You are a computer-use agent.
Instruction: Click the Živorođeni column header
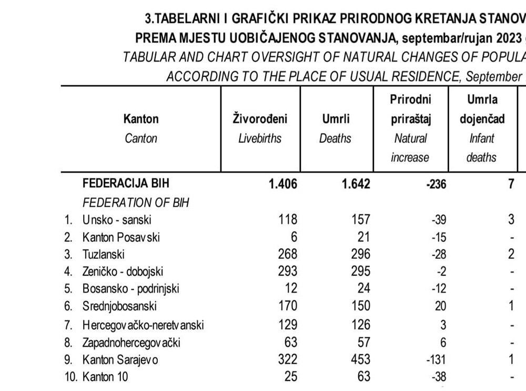tap(260, 119)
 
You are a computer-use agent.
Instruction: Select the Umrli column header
tap(336, 119)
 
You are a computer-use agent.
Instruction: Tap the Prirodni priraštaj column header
tap(410, 109)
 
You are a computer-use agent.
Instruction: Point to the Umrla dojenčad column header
tap(481, 109)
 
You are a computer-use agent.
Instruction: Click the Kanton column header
tap(141, 119)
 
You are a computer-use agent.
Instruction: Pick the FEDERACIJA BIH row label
tap(126, 184)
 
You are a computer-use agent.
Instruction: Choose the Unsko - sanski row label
tap(117, 219)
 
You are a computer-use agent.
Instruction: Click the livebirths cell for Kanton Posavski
tap(294, 237)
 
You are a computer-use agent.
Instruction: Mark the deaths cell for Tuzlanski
tap(359, 254)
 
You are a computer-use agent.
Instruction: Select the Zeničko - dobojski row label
tap(123, 272)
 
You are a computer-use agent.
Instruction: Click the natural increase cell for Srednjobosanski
tap(440, 306)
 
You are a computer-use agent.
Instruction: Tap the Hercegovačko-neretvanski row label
tap(143, 325)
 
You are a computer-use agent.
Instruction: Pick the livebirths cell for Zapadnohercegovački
tap(290, 343)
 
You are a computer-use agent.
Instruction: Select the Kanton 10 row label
tap(105, 377)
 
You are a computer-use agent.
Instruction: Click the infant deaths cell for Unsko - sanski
tap(510, 219)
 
